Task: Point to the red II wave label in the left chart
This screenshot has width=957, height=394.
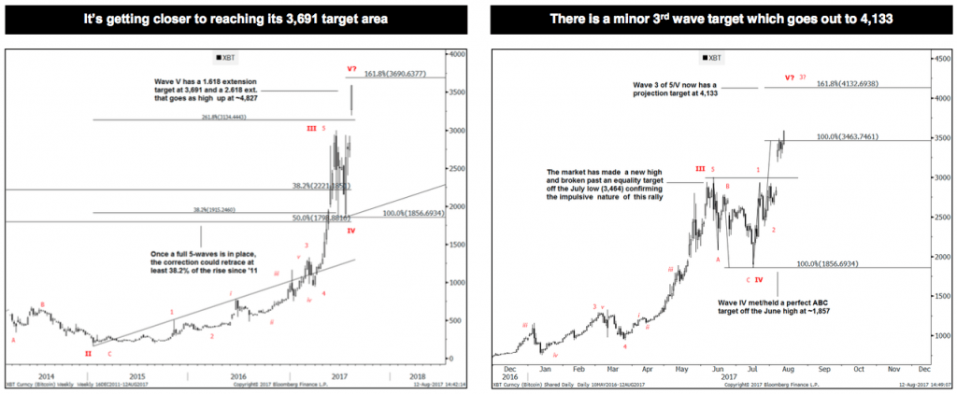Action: point(88,354)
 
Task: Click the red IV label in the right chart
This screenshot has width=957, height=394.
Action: point(759,279)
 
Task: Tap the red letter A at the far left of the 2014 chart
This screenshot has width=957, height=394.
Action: point(13,341)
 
